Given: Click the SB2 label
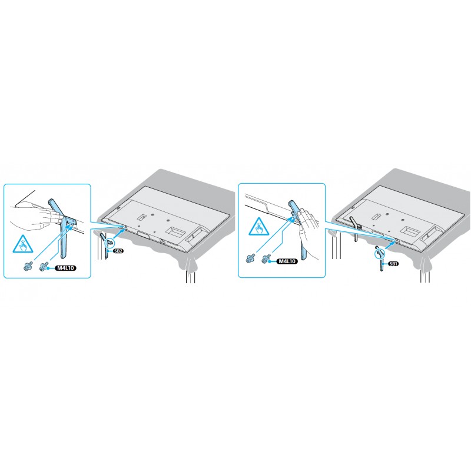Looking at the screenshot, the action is [x=119, y=251].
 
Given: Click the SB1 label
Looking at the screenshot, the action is [x=393, y=264].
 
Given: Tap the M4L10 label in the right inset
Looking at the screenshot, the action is [x=287, y=261].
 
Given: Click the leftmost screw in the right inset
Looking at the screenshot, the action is [x=251, y=258].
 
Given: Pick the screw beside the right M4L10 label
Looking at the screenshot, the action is [x=266, y=260].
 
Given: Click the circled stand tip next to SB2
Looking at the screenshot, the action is [x=110, y=241].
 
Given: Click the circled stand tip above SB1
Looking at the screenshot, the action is [x=379, y=254].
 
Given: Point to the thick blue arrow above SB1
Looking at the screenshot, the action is [x=390, y=244].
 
